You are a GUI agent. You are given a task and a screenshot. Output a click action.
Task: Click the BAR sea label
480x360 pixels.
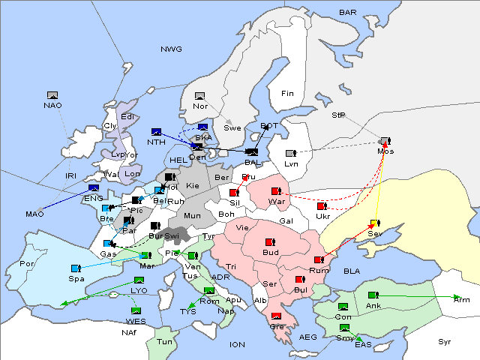(348, 13)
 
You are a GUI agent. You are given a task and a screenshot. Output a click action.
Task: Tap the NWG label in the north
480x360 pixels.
(171, 49)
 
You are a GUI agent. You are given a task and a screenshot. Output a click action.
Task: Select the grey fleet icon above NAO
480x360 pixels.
(52, 95)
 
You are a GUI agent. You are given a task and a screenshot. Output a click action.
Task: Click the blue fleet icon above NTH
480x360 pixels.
(157, 132)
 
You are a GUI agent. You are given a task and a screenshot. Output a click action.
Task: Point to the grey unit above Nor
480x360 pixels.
(199, 96)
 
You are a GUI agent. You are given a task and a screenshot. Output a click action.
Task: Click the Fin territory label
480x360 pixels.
(287, 94)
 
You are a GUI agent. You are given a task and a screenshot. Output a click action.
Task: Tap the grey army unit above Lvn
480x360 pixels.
(291, 154)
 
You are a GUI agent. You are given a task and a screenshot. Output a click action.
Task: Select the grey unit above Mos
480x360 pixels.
(385, 141)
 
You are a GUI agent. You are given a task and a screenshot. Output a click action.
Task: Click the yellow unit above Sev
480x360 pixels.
(375, 223)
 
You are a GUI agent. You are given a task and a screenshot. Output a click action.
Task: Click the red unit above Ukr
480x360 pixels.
(322, 206)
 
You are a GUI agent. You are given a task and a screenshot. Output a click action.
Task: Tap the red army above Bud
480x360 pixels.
(270, 242)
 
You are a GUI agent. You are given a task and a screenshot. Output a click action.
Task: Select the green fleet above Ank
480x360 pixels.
(373, 295)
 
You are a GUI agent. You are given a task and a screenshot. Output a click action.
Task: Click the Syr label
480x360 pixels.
(445, 341)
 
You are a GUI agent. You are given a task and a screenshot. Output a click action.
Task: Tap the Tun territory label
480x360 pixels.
(164, 341)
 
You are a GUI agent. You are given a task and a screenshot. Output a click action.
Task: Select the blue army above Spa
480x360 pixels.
(75, 268)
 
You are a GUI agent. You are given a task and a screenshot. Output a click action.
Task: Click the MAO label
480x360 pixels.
(34, 214)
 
